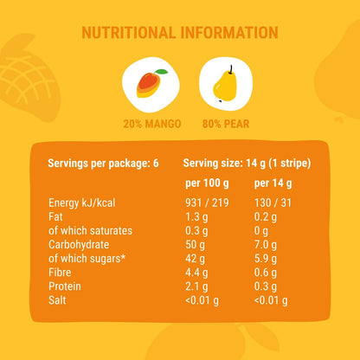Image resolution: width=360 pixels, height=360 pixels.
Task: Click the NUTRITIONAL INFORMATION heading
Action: tap(180, 33)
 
